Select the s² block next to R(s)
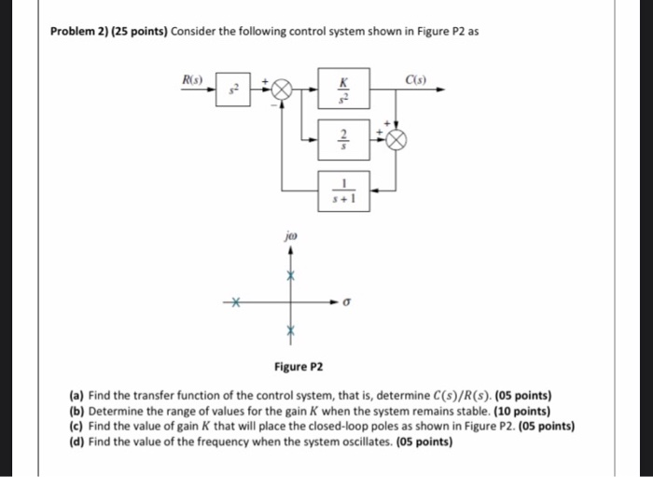pyautogui.click(x=234, y=91)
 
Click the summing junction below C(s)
pyautogui.click(x=396, y=139)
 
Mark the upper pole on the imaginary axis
pyautogui.click(x=290, y=277)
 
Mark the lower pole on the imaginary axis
pyautogui.click(x=290, y=330)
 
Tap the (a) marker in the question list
pyautogui.click(x=76, y=395)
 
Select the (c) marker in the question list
pyautogui.click(x=76, y=427)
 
